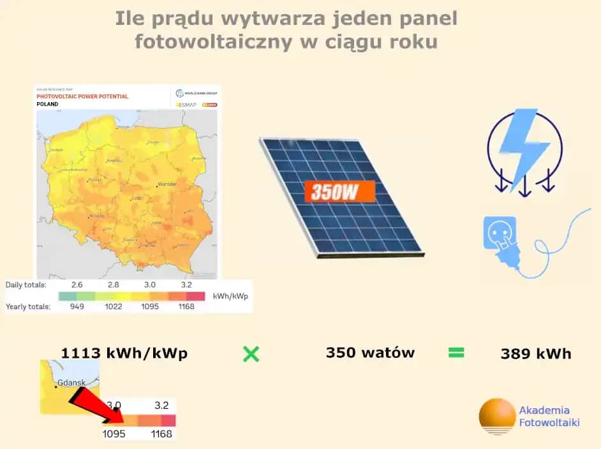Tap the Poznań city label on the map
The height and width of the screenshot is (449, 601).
pyautogui.click(x=95, y=180)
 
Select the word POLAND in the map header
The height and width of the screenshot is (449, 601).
pyautogui.click(x=48, y=104)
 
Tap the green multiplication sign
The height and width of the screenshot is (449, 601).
pyautogui.click(x=251, y=354)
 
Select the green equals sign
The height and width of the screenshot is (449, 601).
pyautogui.click(x=456, y=353)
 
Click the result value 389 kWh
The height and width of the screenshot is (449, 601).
pyautogui.click(x=536, y=353)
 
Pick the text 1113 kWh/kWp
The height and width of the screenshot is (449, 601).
pyautogui.click(x=124, y=353)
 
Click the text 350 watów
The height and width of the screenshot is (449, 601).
pyautogui.click(x=370, y=353)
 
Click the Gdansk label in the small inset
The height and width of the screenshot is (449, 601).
pyautogui.click(x=71, y=383)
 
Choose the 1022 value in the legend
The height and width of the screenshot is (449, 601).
pyautogui.click(x=114, y=306)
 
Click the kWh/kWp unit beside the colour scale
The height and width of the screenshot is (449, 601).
pyautogui.click(x=232, y=296)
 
